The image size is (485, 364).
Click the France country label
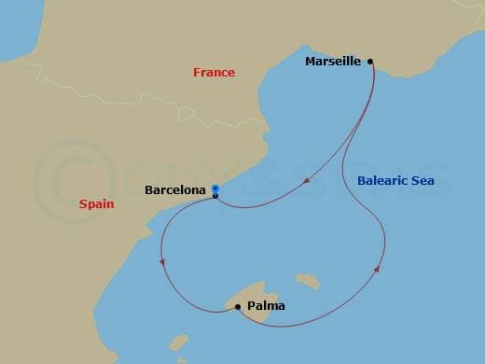point(214,73)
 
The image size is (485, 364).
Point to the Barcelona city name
point(175,190)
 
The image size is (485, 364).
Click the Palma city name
point(267,305)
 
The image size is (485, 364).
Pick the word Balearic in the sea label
point(383,180)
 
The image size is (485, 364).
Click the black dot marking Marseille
point(370,62)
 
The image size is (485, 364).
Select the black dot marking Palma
point(238,305)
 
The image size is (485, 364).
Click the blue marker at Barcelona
point(215,189)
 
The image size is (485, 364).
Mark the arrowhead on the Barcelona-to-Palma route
point(163,261)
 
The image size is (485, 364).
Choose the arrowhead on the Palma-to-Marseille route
point(377,269)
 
